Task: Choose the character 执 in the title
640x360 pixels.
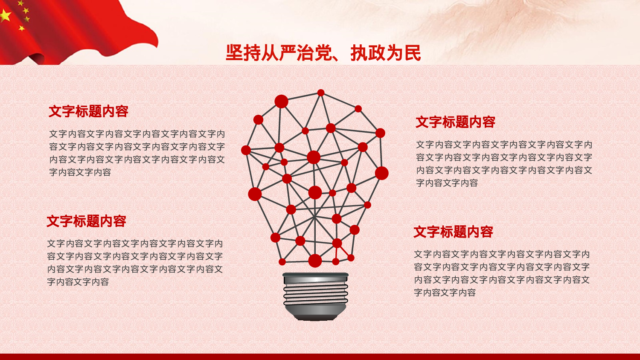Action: pyautogui.click(x=359, y=53)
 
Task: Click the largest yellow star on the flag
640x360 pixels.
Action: pyautogui.click(x=5, y=16)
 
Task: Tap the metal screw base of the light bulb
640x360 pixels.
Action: pyautogui.click(x=315, y=295)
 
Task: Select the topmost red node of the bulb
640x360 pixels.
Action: pyautogui.click(x=321, y=93)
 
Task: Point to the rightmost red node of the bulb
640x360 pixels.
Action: pyautogui.click(x=382, y=173)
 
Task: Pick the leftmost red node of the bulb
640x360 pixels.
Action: pyautogui.click(x=246, y=150)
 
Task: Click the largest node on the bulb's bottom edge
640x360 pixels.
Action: pyautogui.click(x=315, y=260)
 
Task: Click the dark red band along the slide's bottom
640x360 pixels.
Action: pyautogui.click(x=320, y=357)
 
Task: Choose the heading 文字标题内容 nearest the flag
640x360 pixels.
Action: pyautogui.click(x=88, y=111)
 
